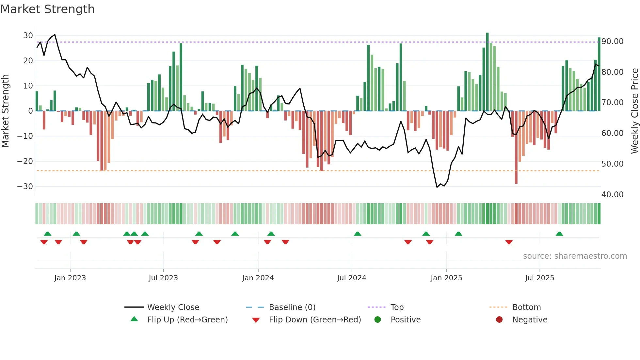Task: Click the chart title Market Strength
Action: (x=48, y=9)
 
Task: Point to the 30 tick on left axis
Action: (x=28, y=35)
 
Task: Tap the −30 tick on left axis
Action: (x=25, y=187)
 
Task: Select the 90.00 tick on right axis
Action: (x=612, y=41)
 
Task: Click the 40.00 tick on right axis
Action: (x=612, y=195)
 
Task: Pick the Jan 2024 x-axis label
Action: (x=258, y=278)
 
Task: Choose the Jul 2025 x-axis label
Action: (x=539, y=278)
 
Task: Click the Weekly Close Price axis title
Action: (x=634, y=111)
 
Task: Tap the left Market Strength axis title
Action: (x=6, y=111)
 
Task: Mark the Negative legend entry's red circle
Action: (x=499, y=320)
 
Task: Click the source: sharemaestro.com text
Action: (x=575, y=256)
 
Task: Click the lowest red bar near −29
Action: (x=516, y=147)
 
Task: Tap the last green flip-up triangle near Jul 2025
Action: (x=559, y=234)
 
